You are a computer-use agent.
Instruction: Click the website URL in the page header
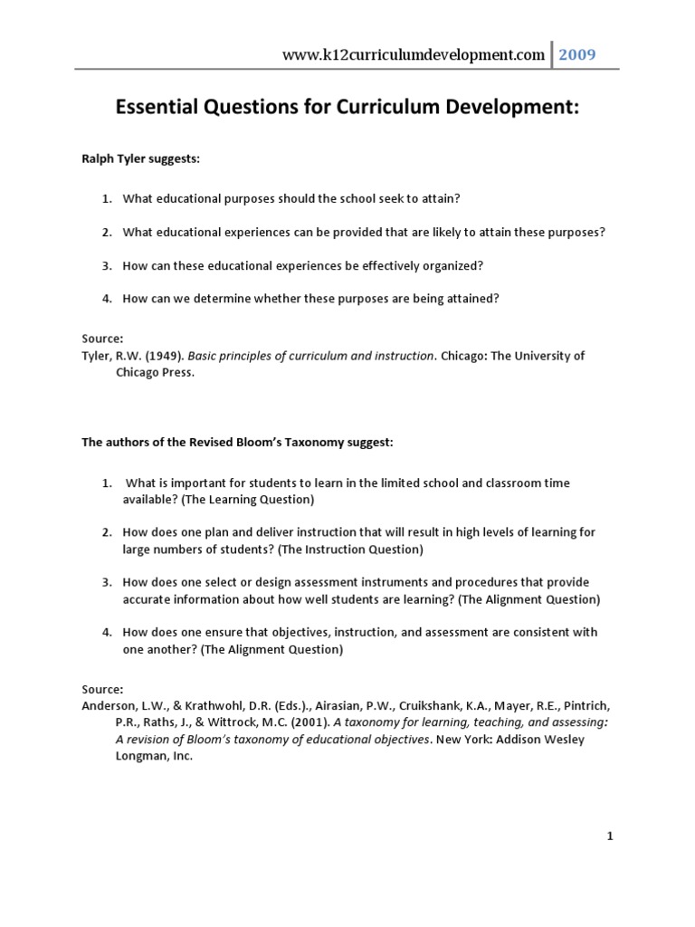coord(414,55)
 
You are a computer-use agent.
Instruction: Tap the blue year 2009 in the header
coord(576,55)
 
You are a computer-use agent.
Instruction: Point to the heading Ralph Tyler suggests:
coord(140,159)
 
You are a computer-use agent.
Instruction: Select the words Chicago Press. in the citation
coord(155,373)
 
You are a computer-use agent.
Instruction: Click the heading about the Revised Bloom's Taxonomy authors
coord(238,443)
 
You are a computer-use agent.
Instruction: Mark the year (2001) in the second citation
coord(310,723)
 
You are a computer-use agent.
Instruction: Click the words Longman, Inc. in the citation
coord(154,757)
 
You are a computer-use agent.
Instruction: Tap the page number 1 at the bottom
coord(610,837)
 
